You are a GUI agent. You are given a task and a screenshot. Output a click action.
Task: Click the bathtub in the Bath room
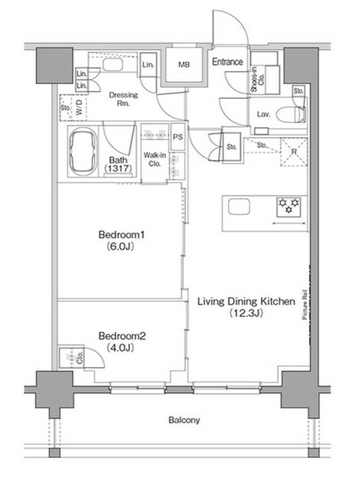click(x=83, y=152)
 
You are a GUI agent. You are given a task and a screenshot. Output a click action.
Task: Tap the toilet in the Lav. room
click(x=291, y=115)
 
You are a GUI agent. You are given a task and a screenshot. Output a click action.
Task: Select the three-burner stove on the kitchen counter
click(x=288, y=207)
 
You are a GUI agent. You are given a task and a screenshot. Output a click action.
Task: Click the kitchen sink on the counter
click(x=239, y=207)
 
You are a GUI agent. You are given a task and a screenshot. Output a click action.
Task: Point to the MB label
click(x=184, y=65)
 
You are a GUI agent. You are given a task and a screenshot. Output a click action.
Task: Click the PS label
click(x=178, y=137)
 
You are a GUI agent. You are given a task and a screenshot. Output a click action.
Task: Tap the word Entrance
click(x=227, y=62)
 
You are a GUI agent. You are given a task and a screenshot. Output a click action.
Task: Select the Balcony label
click(x=184, y=420)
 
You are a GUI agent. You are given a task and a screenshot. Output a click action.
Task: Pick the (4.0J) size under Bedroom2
click(x=121, y=347)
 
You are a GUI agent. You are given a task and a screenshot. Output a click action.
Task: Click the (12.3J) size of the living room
click(x=246, y=313)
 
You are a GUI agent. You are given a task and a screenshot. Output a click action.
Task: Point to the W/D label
click(x=79, y=107)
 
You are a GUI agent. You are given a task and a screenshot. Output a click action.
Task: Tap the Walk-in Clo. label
click(x=155, y=159)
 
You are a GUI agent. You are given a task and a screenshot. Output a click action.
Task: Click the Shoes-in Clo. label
click(x=257, y=79)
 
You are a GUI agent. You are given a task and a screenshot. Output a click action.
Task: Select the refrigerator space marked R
click(x=294, y=152)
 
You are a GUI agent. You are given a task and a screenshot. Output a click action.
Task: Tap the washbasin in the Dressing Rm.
click(x=112, y=65)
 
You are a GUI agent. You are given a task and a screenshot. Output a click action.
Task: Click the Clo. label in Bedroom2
click(x=80, y=357)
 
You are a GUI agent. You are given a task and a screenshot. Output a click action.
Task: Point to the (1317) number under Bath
click(x=118, y=168)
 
